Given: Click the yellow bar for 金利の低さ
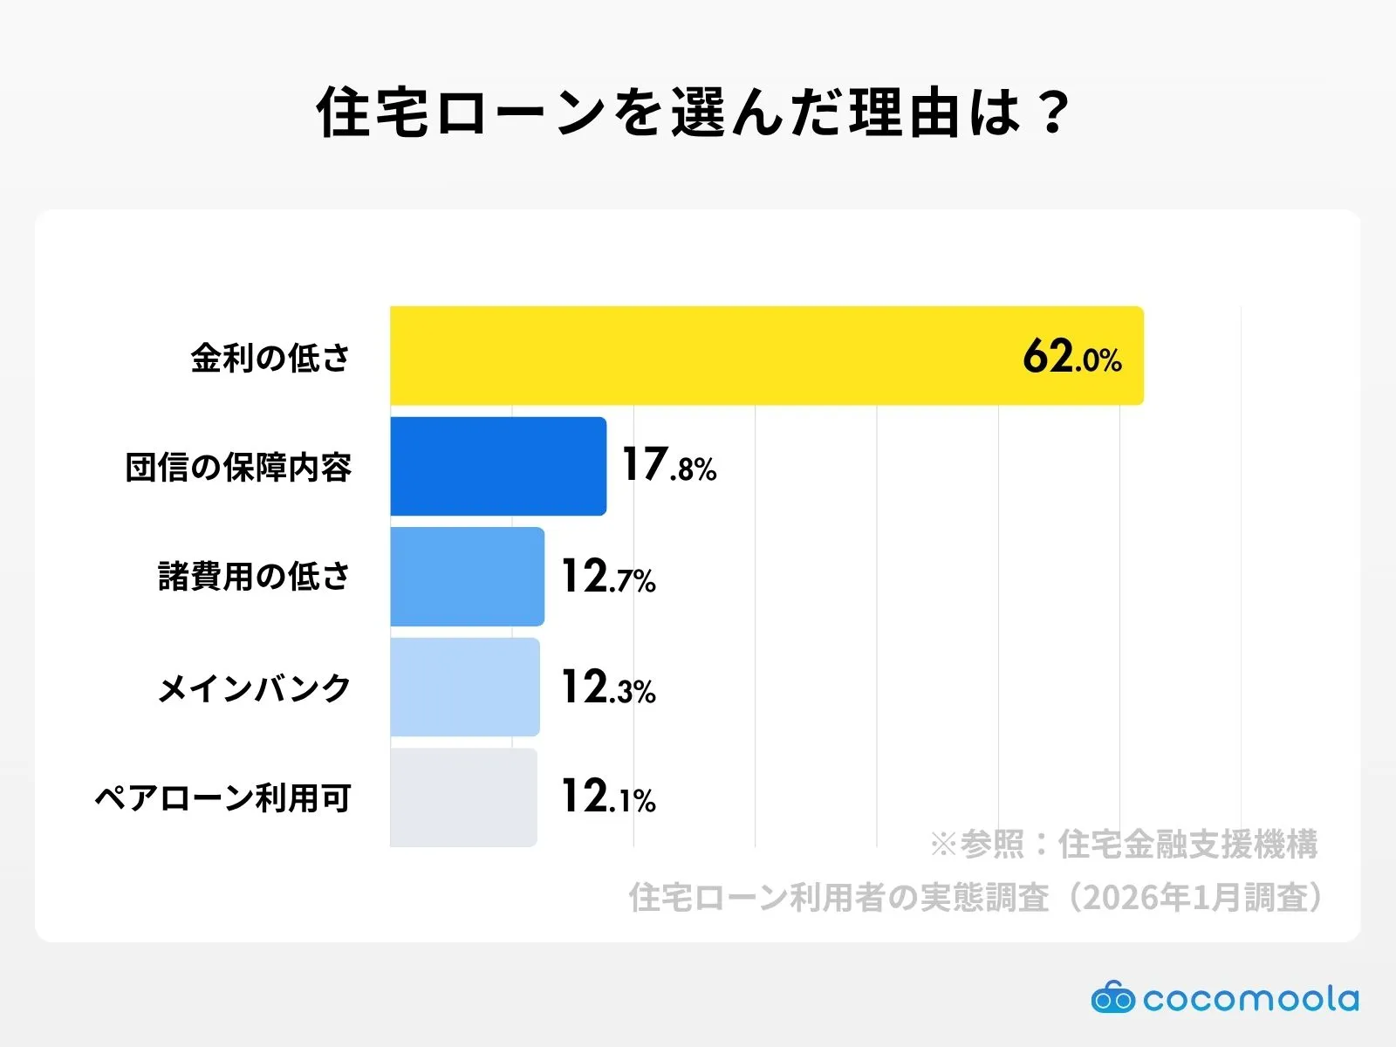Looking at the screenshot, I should click(766, 355).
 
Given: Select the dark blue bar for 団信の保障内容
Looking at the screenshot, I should click(497, 466).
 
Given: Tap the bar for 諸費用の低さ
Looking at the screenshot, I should click(467, 577).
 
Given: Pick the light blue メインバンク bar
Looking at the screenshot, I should click(464, 687).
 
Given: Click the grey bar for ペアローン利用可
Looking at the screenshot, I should click(462, 797).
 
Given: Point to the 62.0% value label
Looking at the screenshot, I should click(1071, 357).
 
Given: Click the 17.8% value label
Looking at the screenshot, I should click(668, 465).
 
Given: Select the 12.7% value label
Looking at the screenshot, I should click(607, 577).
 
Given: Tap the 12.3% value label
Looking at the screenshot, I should click(607, 688).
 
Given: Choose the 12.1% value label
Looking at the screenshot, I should click(607, 797).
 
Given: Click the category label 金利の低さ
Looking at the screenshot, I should click(270, 358).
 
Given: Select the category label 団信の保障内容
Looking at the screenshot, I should click(238, 468).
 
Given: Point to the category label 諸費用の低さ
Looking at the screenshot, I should click(254, 577).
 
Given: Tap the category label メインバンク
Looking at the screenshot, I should click(254, 688).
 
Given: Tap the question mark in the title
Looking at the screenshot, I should click(1054, 112).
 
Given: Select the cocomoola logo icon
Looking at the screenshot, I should click(1112, 997).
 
